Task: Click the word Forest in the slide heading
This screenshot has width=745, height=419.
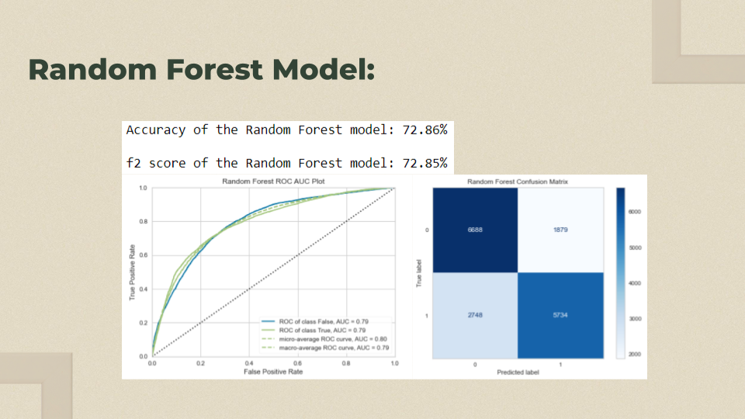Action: tap(214, 69)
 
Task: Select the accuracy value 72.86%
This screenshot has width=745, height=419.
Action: tap(424, 130)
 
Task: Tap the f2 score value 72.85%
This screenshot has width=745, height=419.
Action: tap(424, 163)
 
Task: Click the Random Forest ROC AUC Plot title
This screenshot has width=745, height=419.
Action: tap(273, 181)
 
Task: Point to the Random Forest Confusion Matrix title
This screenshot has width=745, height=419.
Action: tap(518, 182)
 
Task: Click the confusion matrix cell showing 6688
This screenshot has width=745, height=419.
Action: tap(475, 230)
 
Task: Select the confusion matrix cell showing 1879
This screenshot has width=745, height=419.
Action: tap(560, 230)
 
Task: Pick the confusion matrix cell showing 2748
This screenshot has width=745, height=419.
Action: tap(475, 316)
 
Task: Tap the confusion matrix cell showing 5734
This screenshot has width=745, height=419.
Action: tap(560, 316)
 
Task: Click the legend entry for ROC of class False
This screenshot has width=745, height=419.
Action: tap(315, 321)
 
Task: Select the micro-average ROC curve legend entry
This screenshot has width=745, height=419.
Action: tap(324, 339)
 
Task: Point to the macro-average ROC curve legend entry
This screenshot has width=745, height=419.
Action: tap(325, 348)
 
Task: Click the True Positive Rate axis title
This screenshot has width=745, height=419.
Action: tap(132, 272)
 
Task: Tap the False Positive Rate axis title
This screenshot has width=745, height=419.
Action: tap(273, 372)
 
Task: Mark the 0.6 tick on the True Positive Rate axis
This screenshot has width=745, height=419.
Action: tap(143, 255)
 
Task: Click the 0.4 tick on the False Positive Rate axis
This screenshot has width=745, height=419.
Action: tap(249, 363)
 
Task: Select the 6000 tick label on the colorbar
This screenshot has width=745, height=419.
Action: tap(635, 212)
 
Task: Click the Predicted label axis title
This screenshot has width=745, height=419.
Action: tap(518, 372)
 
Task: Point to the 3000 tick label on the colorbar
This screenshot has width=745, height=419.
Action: tap(635, 319)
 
